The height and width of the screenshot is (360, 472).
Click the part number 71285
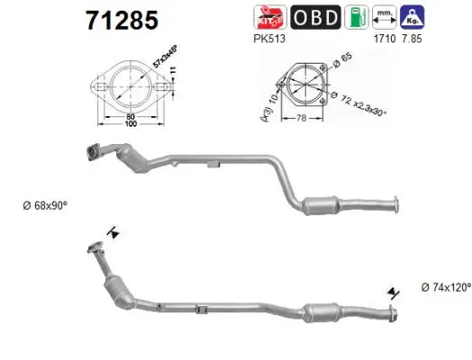(x=121, y=19)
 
